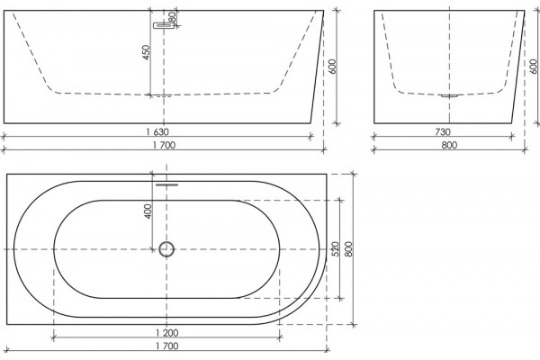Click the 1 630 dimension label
pyautogui.click(x=157, y=131)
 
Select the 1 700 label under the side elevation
pyautogui.click(x=165, y=145)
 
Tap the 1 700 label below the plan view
pyautogui.click(x=167, y=346)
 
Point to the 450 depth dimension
pyautogui.click(x=147, y=52)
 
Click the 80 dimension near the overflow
pyautogui.click(x=173, y=16)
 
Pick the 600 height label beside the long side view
pyautogui.click(x=332, y=67)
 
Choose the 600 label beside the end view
pyautogui.click(x=534, y=67)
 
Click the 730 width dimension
pyautogui.click(x=443, y=131)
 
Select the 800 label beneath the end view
pyautogui.click(x=449, y=145)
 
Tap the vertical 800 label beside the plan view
pyautogui.click(x=348, y=248)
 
